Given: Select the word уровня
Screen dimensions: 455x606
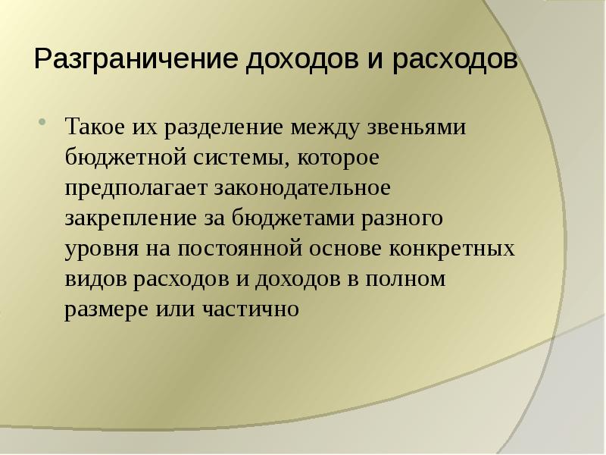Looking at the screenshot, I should pos(100,249).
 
